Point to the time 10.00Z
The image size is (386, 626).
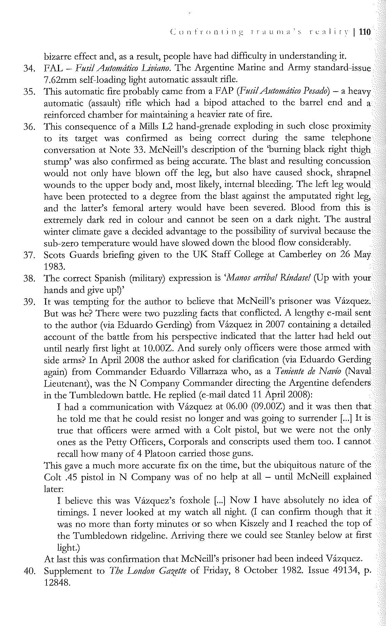[x=161, y=348]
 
